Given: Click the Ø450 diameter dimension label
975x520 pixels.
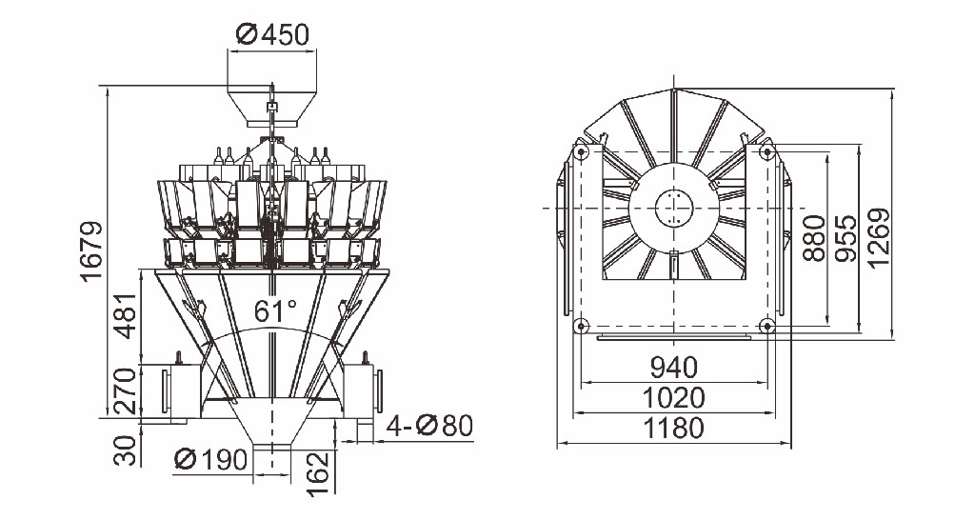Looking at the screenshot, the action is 273,35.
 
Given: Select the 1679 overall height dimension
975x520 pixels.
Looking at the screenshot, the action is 92,250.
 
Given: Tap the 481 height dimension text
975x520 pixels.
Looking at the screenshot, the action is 127,315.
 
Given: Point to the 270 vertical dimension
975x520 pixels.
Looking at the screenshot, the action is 127,391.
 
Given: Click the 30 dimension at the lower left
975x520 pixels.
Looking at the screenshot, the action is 127,451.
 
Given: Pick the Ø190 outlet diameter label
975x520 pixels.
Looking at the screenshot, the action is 210,460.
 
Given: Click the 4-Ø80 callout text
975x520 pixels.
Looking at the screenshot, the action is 429,426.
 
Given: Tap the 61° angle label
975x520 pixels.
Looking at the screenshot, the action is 275,310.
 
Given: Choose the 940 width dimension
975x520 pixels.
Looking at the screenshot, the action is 674,368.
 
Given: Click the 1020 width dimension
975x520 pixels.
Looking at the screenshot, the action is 674,397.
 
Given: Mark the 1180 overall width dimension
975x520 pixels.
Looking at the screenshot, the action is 674,428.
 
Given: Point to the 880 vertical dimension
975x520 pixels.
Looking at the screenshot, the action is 814,238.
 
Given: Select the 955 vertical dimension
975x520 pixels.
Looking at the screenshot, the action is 846,238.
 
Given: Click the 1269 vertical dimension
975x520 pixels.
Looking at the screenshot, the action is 878,238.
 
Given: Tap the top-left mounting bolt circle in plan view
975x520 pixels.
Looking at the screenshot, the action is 581,151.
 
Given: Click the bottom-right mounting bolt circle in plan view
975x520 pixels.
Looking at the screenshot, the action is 767,325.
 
